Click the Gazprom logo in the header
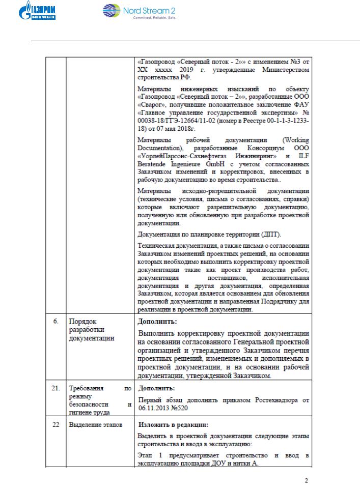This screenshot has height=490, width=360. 40,12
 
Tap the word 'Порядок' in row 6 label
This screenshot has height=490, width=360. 82,322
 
